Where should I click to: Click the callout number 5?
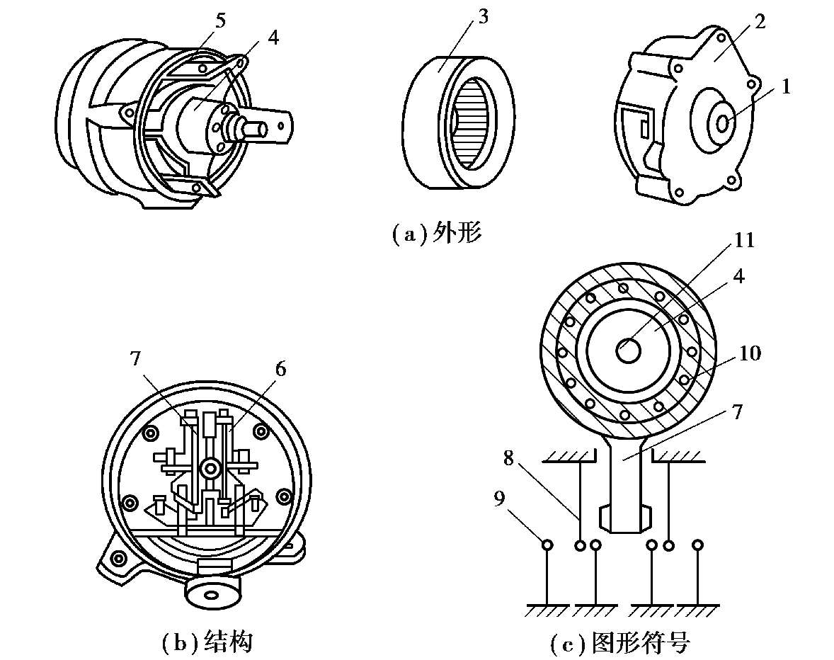click(x=219, y=21)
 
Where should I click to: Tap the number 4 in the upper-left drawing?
click(x=273, y=38)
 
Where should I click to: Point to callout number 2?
click(x=759, y=22)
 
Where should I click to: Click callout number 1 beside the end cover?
click(x=786, y=86)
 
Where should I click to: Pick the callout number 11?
click(x=744, y=240)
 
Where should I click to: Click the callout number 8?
click(x=508, y=457)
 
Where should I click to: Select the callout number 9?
click(x=499, y=499)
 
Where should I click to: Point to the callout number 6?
click(x=280, y=368)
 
